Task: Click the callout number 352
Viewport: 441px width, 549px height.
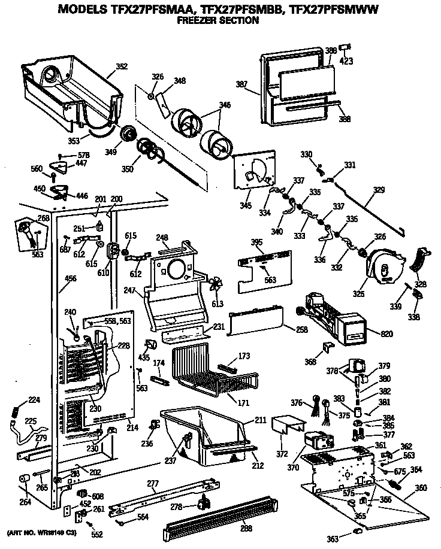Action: click(x=122, y=66)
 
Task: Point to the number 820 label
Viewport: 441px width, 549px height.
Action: click(x=373, y=333)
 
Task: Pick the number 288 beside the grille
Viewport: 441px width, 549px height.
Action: click(x=229, y=529)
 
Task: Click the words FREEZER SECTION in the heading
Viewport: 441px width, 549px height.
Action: click(x=218, y=20)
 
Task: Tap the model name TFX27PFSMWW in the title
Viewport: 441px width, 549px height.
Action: click(x=336, y=9)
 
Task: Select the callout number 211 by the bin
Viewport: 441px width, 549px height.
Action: click(x=259, y=421)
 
